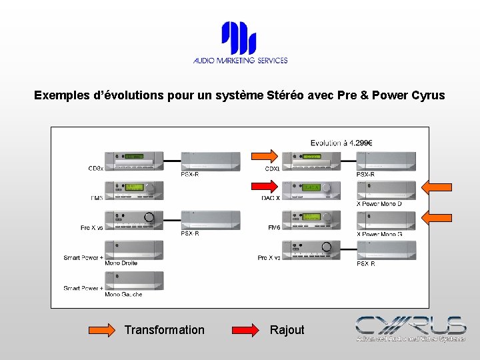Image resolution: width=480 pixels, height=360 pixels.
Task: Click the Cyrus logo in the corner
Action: coord(410,328)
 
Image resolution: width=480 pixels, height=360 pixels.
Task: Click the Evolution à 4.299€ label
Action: coord(341,143)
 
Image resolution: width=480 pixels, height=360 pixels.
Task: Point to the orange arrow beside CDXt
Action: coord(264,156)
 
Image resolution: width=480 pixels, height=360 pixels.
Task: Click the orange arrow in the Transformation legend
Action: coord(102,329)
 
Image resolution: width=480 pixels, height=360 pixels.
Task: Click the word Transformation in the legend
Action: coord(165,330)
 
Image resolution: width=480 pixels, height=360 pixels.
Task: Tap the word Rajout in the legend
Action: coord(287,330)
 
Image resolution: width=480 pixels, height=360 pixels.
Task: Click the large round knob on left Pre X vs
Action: coord(149,217)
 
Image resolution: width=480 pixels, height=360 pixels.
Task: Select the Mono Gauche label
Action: coord(123,294)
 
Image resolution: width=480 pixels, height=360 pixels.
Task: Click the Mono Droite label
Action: coord(121,263)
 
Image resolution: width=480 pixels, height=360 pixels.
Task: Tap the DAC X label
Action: coord(271,198)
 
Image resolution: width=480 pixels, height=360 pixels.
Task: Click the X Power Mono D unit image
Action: coord(386,190)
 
